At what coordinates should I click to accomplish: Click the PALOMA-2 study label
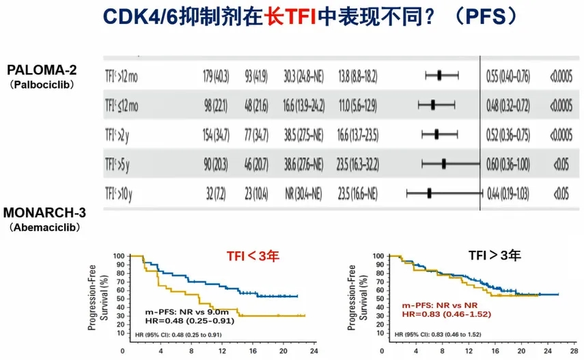[x=41, y=70]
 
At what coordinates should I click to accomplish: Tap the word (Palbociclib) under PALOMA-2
[x=41, y=85]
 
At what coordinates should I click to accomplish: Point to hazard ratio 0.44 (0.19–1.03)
[x=507, y=193]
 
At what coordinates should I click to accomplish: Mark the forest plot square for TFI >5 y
[x=444, y=163]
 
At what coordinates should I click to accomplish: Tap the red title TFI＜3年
[x=254, y=257]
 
